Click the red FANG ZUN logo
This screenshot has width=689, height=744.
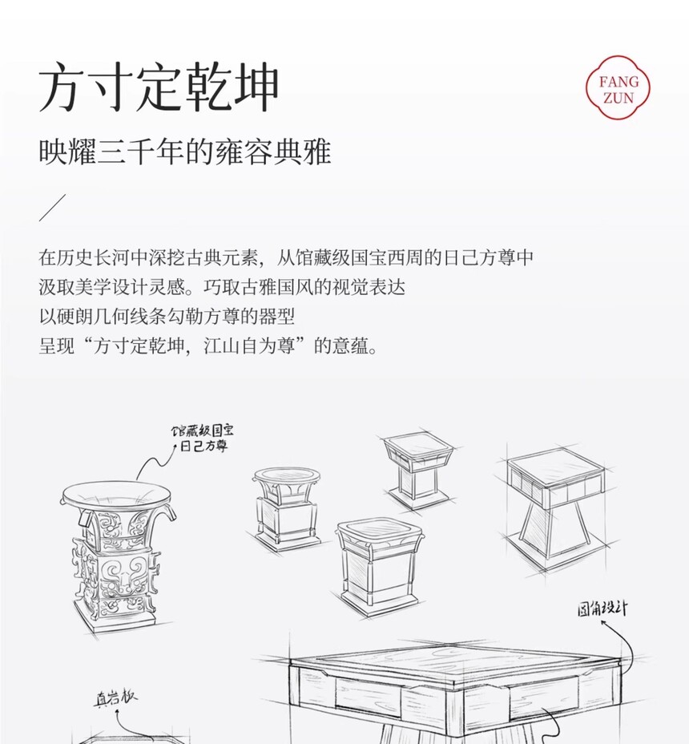(x=618, y=87)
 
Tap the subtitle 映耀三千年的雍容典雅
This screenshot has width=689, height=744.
(x=184, y=152)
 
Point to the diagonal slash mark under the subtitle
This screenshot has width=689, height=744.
(x=52, y=208)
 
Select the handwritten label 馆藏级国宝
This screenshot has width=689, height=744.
(x=203, y=431)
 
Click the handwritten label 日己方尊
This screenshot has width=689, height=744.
(x=204, y=446)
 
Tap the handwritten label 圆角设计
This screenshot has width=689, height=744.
(x=602, y=609)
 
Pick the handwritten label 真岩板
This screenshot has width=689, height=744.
(x=115, y=698)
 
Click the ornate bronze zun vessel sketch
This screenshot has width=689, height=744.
(x=117, y=556)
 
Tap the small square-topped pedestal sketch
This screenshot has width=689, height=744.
(x=417, y=471)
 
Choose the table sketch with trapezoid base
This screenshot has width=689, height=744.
(x=554, y=508)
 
